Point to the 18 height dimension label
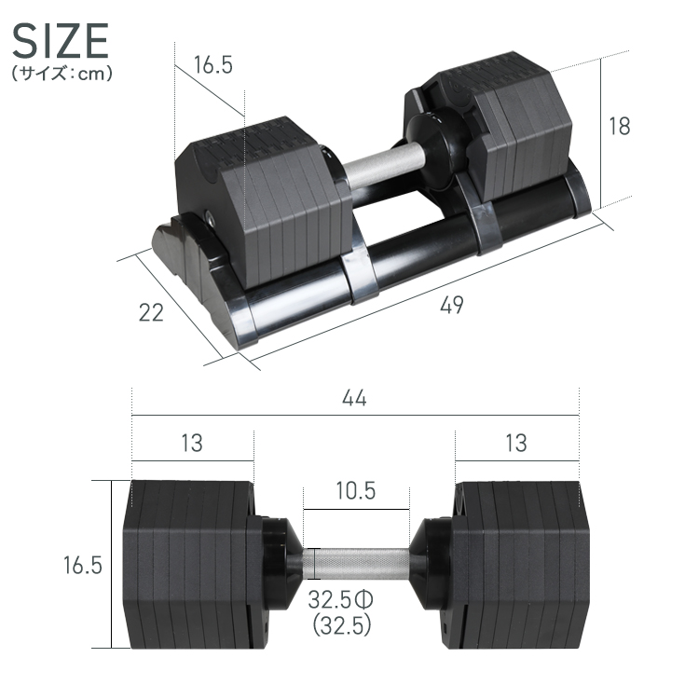(x=619, y=127)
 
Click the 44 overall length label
(x=354, y=398)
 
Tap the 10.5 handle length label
(x=355, y=490)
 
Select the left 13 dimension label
(x=191, y=443)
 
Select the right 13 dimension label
(x=514, y=443)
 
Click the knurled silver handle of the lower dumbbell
(x=357, y=564)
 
